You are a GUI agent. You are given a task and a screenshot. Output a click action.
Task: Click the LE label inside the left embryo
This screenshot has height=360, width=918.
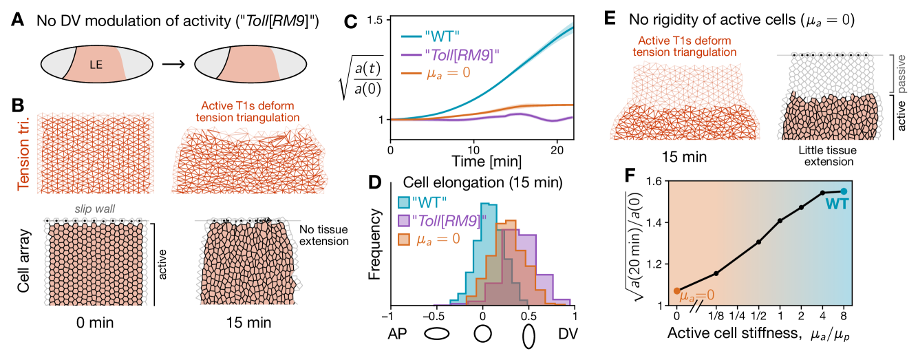pyautogui.click(x=96, y=65)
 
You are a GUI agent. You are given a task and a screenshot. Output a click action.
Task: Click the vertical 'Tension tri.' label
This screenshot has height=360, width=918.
pyautogui.click(x=24, y=152)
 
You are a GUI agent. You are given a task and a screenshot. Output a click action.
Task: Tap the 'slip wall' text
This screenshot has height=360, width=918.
pyautogui.click(x=94, y=208)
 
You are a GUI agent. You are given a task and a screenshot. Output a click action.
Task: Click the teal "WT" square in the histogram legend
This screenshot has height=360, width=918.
pyautogui.click(x=404, y=202)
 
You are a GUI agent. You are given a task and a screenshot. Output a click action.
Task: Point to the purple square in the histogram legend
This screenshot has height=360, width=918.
pyautogui.click(x=404, y=220)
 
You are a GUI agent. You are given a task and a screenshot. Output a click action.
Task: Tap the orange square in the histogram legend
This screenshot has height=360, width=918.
pyautogui.click(x=404, y=239)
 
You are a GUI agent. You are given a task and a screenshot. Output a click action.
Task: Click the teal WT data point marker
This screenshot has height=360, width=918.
pyautogui.click(x=844, y=191)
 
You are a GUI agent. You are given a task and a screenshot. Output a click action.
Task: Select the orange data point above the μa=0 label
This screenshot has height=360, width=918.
pyautogui.click(x=676, y=290)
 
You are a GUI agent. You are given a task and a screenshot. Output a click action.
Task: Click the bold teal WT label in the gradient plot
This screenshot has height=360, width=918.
pyautogui.click(x=837, y=204)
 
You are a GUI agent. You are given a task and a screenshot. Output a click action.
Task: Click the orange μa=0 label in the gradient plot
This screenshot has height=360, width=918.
pyautogui.click(x=696, y=296)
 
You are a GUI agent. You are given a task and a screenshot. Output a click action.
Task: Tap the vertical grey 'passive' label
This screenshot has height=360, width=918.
pyautogui.click(x=902, y=74)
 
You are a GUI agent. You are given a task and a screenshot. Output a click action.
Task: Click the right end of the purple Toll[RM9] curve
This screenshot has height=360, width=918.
pyautogui.click(x=571, y=117)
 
